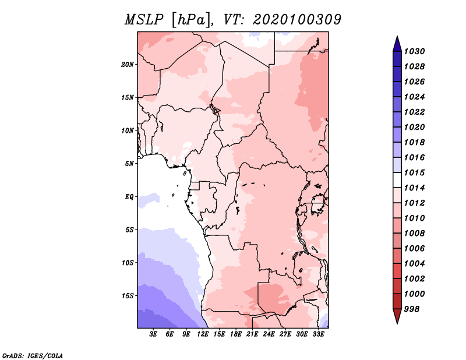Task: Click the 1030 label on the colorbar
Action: point(414,51)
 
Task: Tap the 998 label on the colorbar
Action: point(412,309)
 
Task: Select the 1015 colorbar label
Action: point(414,172)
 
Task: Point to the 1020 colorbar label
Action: point(414,127)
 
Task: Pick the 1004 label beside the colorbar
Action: point(414,264)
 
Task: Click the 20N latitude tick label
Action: point(128,65)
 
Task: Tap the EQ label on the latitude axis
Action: point(129,197)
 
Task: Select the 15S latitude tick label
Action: point(128,296)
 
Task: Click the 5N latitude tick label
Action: point(129,164)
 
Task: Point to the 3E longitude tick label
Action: point(153,334)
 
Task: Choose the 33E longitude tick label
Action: point(318,334)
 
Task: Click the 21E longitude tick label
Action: point(252,334)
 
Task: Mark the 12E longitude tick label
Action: point(203,334)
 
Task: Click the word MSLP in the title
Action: point(144,20)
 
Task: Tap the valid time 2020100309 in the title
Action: point(297,20)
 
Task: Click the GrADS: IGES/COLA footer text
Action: point(33,356)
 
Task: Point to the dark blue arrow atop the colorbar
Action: point(397,44)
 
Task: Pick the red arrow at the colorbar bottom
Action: point(397,316)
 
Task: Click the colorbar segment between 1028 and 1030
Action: point(397,59)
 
